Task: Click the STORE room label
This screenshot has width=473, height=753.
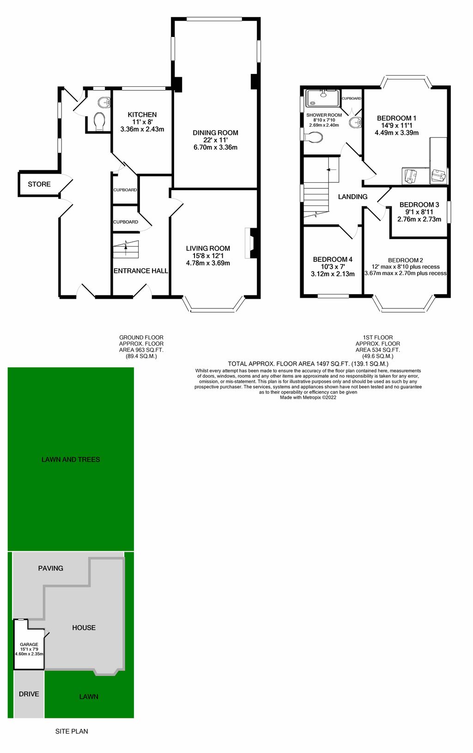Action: point(39,184)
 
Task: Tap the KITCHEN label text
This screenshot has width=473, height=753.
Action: point(142,114)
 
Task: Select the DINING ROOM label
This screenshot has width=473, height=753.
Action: point(215,133)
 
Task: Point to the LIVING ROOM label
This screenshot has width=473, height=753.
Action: point(208,248)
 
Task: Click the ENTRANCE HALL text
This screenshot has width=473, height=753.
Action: point(141,271)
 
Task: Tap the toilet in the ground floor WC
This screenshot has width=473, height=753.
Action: point(99,121)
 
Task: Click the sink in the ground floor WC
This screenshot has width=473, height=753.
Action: point(104,102)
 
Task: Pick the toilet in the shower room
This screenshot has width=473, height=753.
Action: point(314,137)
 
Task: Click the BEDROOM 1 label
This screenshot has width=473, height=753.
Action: point(396,118)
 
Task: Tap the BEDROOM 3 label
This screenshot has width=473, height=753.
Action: point(419,205)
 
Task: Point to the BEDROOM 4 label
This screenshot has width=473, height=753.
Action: point(333,259)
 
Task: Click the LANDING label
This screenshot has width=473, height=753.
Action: point(352,197)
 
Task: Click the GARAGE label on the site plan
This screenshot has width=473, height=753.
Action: point(29,645)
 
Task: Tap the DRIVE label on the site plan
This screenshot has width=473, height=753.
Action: point(29,694)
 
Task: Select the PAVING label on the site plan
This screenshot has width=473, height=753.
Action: point(51,568)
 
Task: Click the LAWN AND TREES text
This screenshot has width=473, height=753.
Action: point(71,459)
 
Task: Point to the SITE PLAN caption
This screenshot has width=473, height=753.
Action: point(72,731)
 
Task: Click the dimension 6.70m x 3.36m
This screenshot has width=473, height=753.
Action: point(215,148)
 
